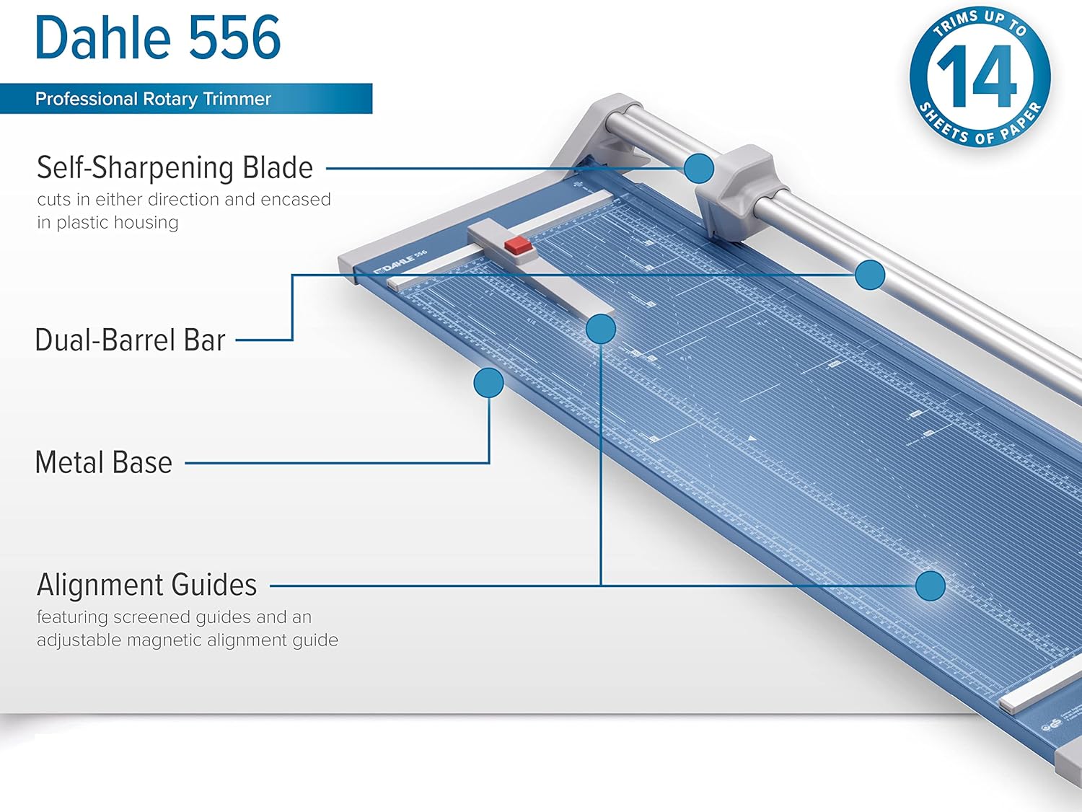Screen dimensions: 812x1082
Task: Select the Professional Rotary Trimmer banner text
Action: tap(153, 99)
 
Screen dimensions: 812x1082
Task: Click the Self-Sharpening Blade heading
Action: tap(175, 168)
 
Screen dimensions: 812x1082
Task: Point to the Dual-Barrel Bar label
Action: tap(130, 340)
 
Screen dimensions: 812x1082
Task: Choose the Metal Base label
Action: tap(104, 463)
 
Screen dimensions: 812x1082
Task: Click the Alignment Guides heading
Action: tap(147, 585)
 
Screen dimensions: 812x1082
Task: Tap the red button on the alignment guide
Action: tap(518, 246)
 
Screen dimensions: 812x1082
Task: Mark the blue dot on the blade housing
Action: tap(698, 169)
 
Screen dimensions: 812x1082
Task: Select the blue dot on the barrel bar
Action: tap(870, 275)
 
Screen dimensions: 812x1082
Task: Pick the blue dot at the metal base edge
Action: tap(488, 383)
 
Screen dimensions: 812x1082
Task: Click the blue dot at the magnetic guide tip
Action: tap(600, 329)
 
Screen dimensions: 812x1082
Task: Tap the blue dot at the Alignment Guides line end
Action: tap(930, 586)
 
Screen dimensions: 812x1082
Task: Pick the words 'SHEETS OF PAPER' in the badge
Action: tap(981, 130)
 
